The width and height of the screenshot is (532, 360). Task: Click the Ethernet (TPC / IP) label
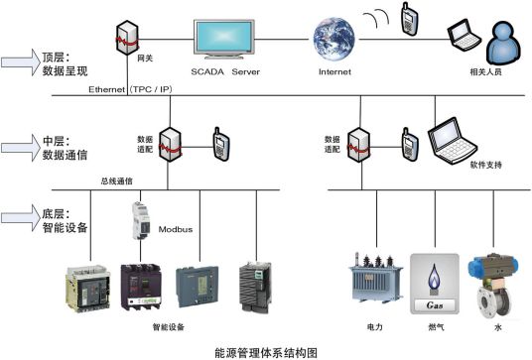[x=126, y=89]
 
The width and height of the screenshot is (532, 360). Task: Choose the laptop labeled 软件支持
[x=451, y=140]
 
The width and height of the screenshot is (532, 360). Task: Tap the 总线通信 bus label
[x=118, y=181]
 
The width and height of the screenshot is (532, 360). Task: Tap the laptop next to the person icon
[x=463, y=37]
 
